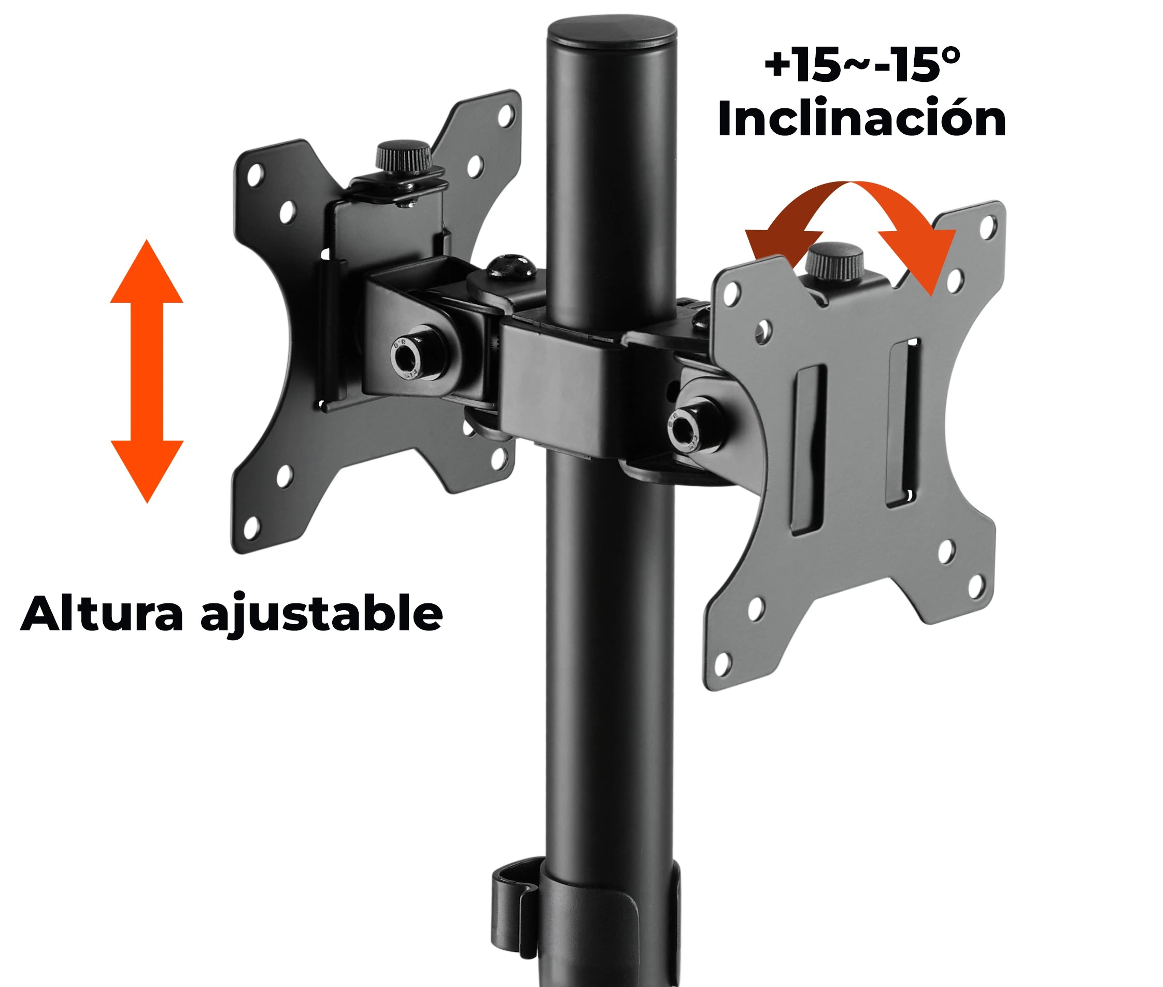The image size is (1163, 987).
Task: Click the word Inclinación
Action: (861, 119)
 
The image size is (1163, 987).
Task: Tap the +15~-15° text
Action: (861, 65)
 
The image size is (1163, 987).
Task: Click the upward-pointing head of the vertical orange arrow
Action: (147, 274)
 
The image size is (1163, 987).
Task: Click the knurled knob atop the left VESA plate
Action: (403, 157)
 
